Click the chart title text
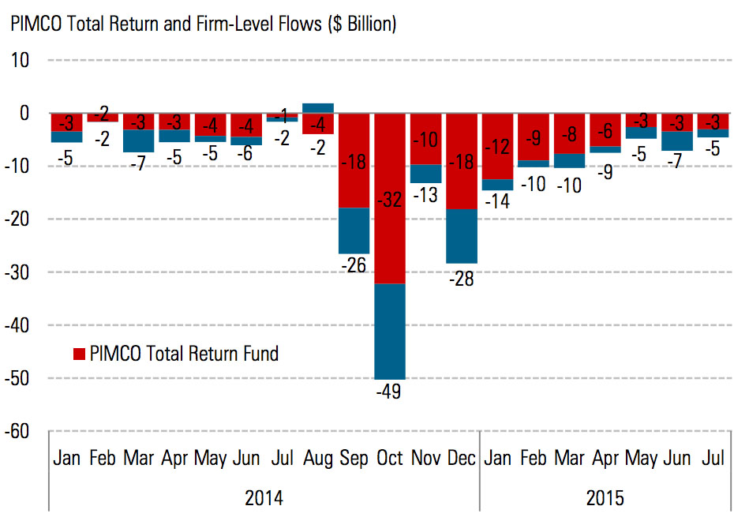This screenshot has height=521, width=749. coord(203,24)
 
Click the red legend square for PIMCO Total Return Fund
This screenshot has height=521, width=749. coord(79,354)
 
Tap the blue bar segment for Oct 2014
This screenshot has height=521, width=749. coord(389,332)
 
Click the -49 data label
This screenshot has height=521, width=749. coord(389,391)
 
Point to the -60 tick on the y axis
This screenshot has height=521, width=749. coord(19,431)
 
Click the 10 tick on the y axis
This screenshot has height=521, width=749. coord(21,60)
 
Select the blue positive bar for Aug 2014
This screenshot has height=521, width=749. coord(317,108)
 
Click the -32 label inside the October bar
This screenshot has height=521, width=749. coord(389,200)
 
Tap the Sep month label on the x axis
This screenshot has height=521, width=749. coord(354,459)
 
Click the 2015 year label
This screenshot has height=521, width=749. coord(605,498)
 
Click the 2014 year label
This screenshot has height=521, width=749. coord(264,498)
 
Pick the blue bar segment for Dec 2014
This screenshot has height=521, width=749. coord(461,236)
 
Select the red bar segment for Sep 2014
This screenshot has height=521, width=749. coord(354,182)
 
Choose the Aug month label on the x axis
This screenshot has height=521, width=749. coord(317,459)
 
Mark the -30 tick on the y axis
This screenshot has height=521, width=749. coord(19,272)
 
